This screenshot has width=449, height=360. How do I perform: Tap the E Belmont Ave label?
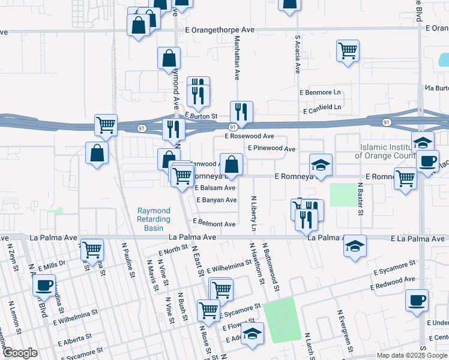tap(214, 224)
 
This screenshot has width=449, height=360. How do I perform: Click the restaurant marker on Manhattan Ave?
tap(241, 112)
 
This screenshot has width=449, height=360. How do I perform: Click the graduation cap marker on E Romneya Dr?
tap(321, 165)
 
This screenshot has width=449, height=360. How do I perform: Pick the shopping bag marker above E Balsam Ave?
tap(231, 164)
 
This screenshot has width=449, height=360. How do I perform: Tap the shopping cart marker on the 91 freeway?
tap(106, 126)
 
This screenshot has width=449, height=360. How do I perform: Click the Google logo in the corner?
tap(20, 353)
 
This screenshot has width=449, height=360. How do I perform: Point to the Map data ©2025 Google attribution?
tap(411, 355)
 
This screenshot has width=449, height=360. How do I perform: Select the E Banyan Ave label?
tap(216, 200)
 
